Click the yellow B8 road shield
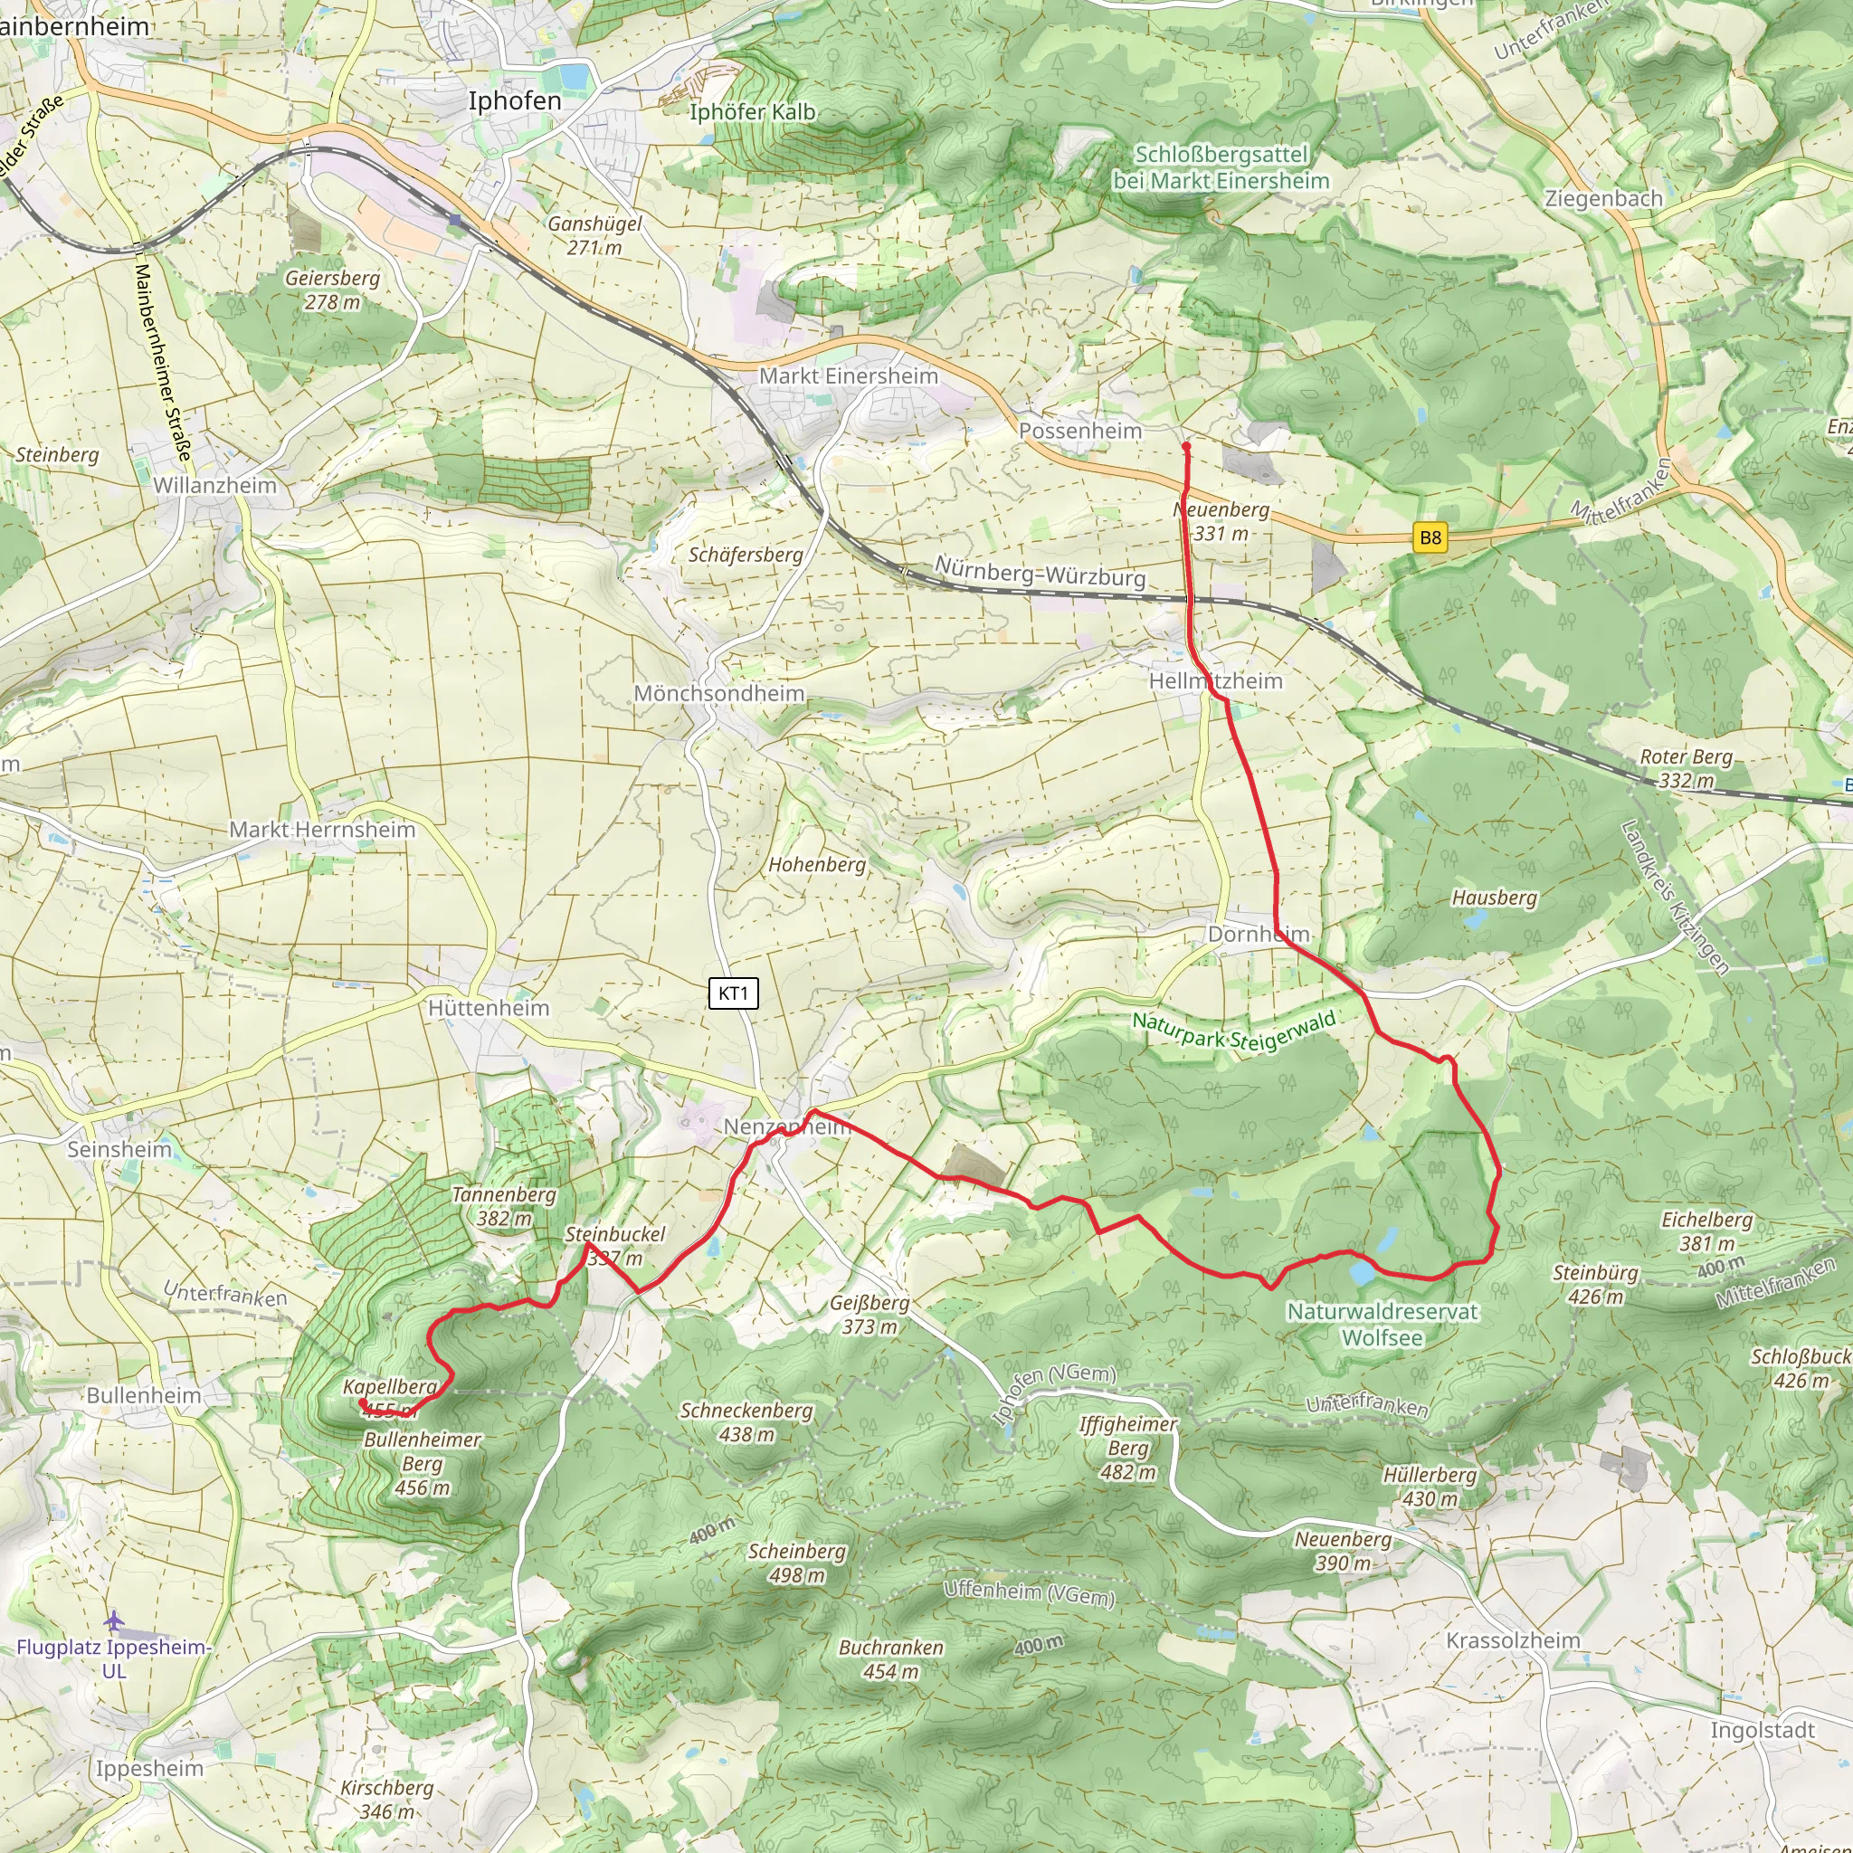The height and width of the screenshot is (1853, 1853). point(1430,538)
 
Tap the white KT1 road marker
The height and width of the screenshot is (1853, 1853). point(734,993)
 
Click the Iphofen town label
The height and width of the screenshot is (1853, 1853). point(514,101)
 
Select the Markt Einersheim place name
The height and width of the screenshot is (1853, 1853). point(848,376)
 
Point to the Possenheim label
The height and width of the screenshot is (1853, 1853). point(1080,432)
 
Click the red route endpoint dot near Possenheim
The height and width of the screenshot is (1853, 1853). point(1186,447)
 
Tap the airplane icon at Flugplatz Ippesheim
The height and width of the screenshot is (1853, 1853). point(115,1620)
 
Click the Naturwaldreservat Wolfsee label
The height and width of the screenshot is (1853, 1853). point(1383,1324)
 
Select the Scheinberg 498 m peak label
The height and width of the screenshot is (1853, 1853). point(797,1563)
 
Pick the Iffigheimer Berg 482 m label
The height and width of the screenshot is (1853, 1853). point(1127,1449)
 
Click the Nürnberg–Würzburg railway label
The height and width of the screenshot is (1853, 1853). point(1040,573)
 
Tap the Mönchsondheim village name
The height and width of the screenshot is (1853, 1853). point(719,693)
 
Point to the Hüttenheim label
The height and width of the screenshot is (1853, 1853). point(489,1008)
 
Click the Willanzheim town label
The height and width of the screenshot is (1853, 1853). point(214,485)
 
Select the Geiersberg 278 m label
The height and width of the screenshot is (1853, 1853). point(332,290)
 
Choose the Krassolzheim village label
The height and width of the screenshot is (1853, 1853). point(1513,1640)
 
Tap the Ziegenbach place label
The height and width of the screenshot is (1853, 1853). point(1602,199)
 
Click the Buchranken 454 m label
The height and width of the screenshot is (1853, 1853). point(891,1659)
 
